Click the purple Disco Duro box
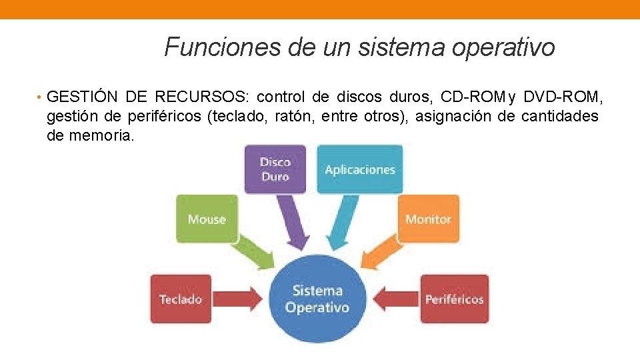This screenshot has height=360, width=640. coord(275,169)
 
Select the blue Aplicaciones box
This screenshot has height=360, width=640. coord(359,169)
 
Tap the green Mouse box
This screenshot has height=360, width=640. coord(207,219)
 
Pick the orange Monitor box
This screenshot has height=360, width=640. coord(428,219)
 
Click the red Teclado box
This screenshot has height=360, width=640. coord(181,299)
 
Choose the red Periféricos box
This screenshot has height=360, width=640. coord(454,299)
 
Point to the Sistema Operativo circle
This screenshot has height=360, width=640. coord(317,299)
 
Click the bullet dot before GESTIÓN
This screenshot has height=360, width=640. coord(41,98)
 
